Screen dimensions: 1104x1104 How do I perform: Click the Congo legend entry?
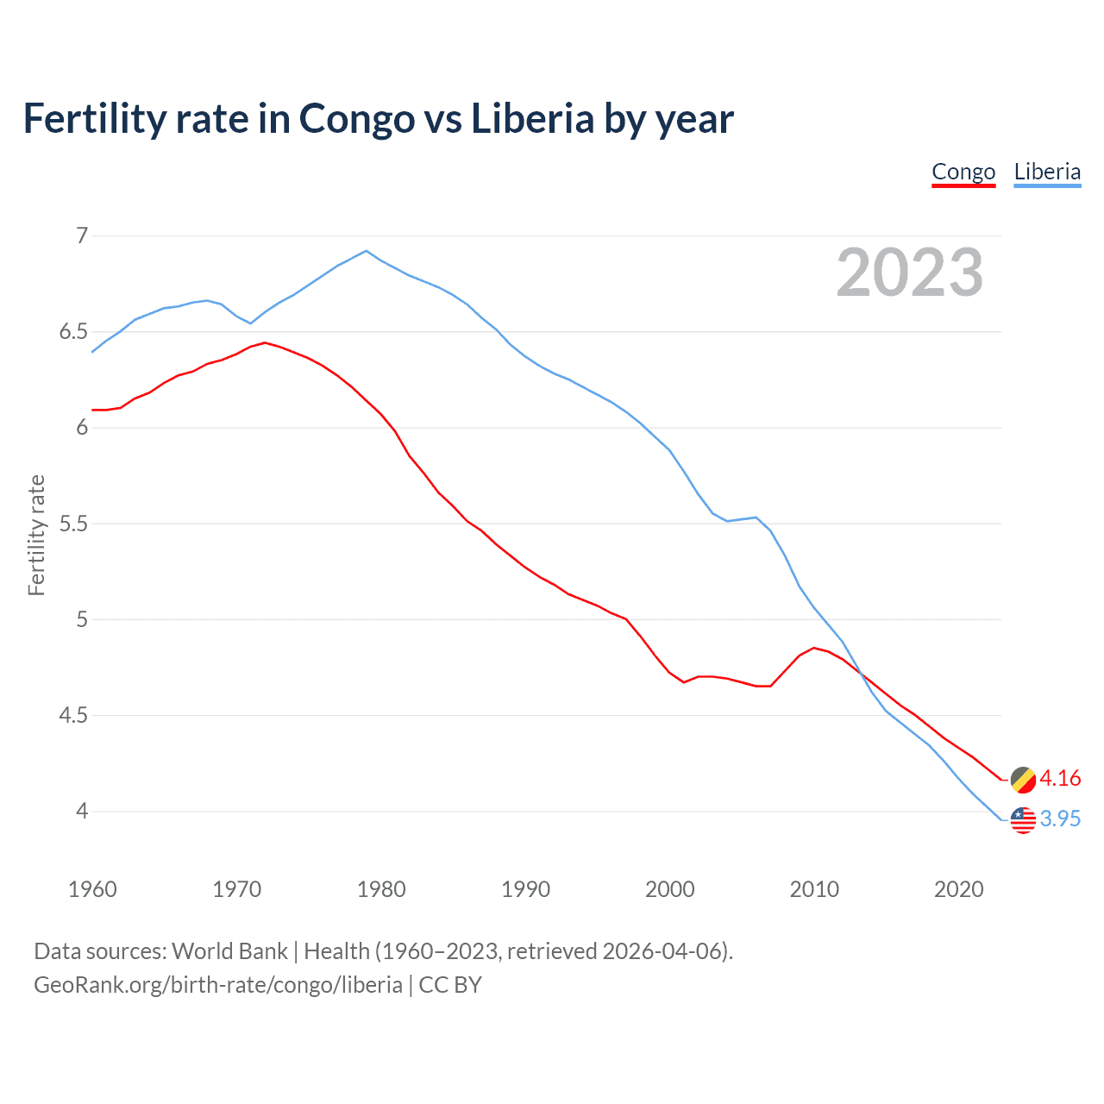point(963,172)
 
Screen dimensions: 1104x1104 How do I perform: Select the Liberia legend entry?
point(1047,172)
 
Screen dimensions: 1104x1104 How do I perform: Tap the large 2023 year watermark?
point(910,273)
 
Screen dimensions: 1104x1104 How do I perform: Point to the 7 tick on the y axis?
point(82,235)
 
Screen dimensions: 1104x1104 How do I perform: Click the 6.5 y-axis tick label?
point(74,332)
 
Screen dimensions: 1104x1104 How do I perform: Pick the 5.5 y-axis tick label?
point(74,524)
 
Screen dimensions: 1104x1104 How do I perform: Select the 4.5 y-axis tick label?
point(74,715)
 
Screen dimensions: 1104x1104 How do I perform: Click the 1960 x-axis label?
point(92,889)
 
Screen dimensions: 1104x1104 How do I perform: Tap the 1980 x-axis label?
point(381,889)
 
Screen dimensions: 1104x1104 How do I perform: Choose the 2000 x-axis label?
point(670,889)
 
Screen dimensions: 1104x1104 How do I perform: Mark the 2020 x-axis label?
point(958,889)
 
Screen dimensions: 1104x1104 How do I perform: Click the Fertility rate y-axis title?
point(36,535)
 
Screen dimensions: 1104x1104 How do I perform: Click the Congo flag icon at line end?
point(1023,779)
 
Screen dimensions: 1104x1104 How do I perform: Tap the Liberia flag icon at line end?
point(1023,819)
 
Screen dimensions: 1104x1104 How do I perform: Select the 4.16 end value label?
point(1060,778)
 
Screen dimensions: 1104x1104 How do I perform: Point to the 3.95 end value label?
point(1060,819)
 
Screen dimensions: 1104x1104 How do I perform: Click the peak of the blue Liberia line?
point(367,251)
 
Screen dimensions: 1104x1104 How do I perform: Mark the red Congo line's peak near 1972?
point(265,342)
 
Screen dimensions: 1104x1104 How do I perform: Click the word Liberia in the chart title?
point(532,119)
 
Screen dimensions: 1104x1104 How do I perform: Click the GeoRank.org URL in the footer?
point(218,984)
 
